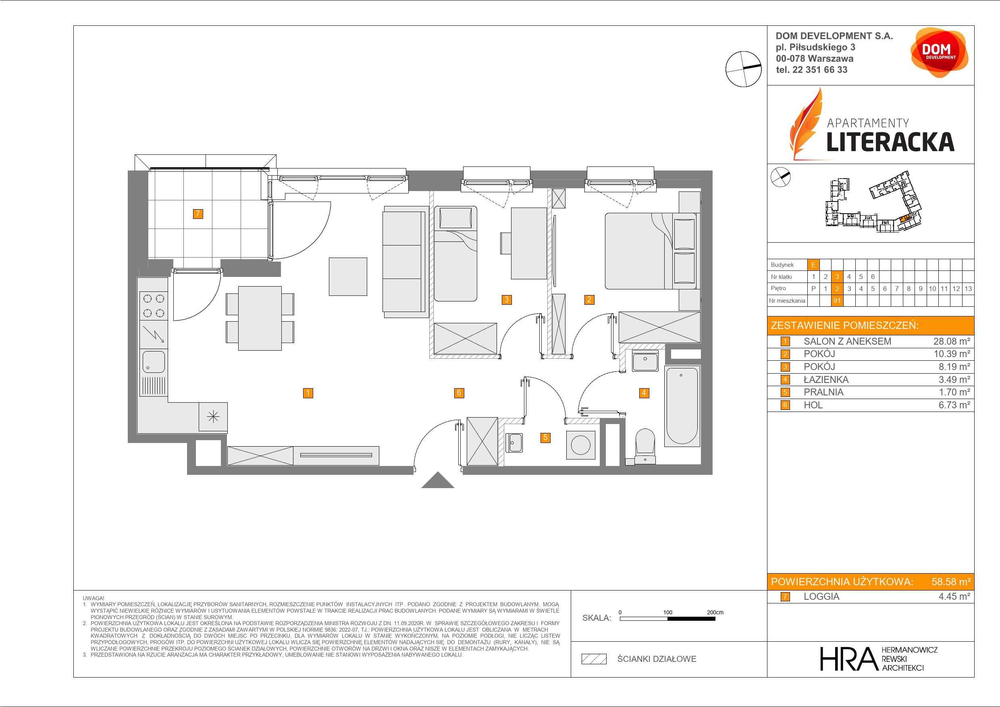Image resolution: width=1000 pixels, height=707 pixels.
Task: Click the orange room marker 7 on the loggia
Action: click(x=198, y=214)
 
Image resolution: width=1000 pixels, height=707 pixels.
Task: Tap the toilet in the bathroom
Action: click(x=644, y=447)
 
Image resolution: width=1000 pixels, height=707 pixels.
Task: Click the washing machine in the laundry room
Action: click(x=581, y=445)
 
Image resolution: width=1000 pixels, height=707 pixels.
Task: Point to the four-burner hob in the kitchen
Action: click(x=153, y=306)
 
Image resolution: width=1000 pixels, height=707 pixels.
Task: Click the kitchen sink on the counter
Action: click(x=153, y=362)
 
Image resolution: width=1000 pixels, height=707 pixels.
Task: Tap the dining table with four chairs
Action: click(x=260, y=318)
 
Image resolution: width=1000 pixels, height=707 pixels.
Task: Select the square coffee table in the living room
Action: click(x=347, y=277)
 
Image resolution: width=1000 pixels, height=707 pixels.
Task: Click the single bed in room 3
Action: click(x=455, y=254)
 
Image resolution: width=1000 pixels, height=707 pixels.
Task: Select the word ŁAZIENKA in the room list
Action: click(x=826, y=380)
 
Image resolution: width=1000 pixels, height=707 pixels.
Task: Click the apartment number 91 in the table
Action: click(x=837, y=301)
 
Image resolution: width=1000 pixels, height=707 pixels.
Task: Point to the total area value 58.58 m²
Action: click(x=951, y=582)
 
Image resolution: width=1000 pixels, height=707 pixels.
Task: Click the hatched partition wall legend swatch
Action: click(x=594, y=659)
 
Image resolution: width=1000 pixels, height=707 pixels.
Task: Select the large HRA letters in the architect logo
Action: click(x=848, y=659)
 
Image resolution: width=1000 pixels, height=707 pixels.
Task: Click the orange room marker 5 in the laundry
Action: click(x=545, y=437)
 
